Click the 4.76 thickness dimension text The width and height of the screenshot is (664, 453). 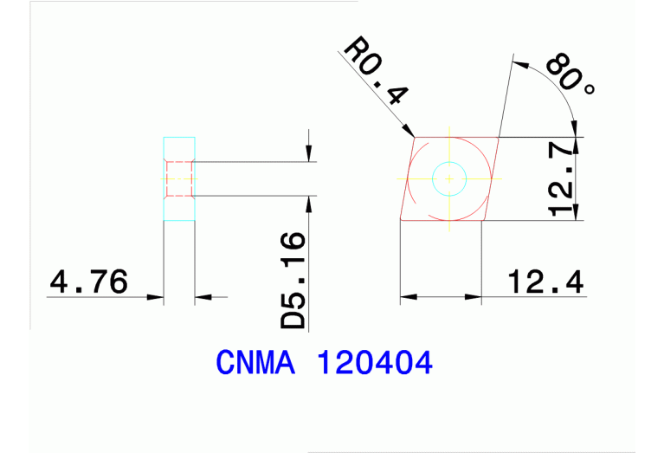pos(89,282)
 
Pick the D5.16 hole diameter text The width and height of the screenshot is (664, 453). pos(294,280)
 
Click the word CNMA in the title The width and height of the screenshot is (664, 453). pos(255,363)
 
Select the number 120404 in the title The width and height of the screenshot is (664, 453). pos(376,363)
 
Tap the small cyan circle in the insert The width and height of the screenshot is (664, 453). pos(449,178)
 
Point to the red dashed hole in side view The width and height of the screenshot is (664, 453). pos(179,179)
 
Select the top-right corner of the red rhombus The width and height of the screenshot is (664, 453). pos(500,137)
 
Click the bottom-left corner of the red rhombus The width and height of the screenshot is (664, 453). pos(400,220)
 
